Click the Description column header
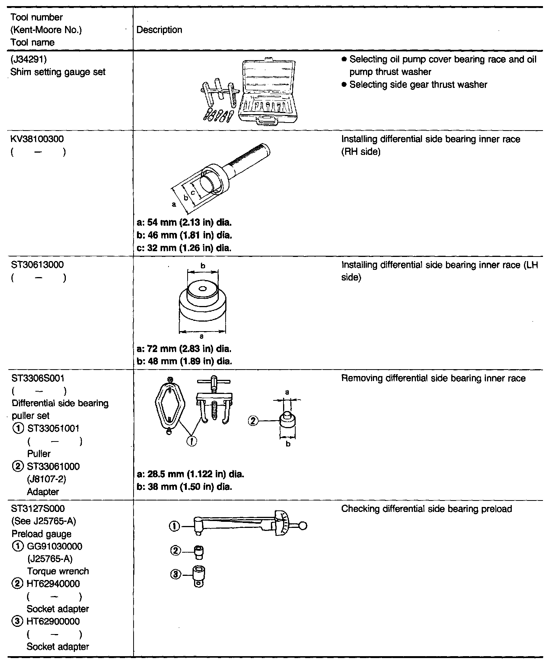(159, 30)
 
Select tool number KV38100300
(37, 139)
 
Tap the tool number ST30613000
(37, 264)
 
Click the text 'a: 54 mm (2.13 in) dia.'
(184, 222)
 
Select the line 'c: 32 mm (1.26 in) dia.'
(184, 248)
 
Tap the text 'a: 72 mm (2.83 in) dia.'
(184, 349)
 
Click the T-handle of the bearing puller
(214, 381)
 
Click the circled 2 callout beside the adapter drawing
(253, 421)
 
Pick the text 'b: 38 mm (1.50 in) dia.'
(184, 487)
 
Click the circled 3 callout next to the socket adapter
(175, 575)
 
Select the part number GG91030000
(54, 546)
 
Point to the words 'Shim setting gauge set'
(58, 72)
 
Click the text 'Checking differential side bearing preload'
(427, 509)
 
